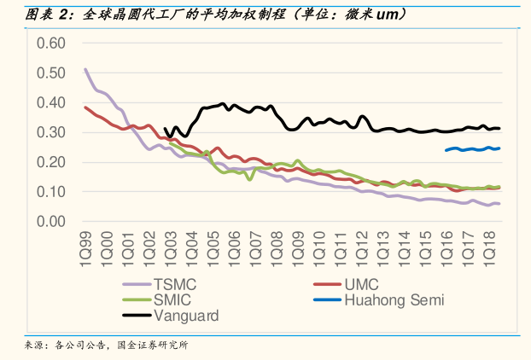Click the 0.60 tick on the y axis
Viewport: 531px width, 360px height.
(50, 43)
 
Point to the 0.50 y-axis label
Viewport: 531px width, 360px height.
(50, 73)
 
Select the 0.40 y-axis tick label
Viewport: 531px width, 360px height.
(50, 102)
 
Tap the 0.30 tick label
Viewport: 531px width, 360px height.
(50, 132)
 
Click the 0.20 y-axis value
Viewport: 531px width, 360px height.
(50, 162)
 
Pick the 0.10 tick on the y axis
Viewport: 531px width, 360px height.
(50, 192)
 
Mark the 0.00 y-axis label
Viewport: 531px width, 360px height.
(50, 222)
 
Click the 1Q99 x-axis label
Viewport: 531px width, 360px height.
(85, 246)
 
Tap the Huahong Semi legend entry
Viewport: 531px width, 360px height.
(394, 299)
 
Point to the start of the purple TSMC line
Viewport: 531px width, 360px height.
(85, 69)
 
